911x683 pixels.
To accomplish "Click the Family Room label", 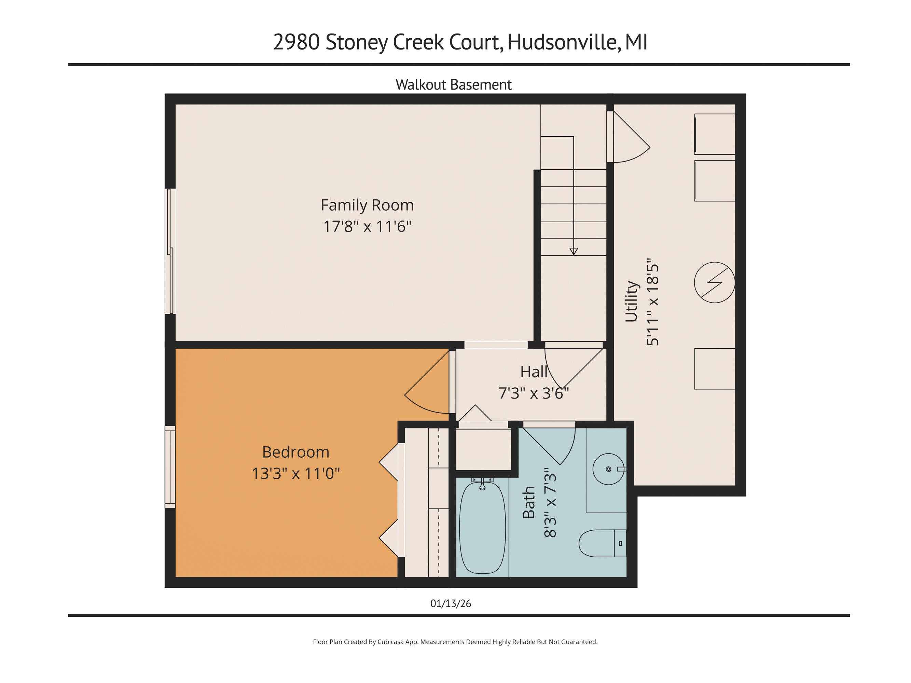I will tap(367, 205).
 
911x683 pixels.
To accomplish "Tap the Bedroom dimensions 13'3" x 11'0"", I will tap(296, 473).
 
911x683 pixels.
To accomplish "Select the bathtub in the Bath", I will tap(482, 528).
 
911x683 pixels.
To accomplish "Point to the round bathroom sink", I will tap(608, 469).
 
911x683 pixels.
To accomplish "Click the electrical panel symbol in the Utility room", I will tap(714, 282).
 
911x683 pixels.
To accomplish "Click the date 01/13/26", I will tap(451, 603).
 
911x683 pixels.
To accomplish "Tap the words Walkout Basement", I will tap(453, 85).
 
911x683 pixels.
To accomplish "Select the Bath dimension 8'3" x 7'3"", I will tap(550, 503).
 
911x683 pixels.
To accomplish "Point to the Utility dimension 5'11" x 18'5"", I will tap(653, 302).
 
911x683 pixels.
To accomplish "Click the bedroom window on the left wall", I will tap(170, 467).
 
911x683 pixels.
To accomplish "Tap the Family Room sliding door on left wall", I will tap(170, 251).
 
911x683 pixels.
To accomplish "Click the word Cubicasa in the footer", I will tap(390, 642).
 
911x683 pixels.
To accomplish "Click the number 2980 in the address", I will tap(296, 42).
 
